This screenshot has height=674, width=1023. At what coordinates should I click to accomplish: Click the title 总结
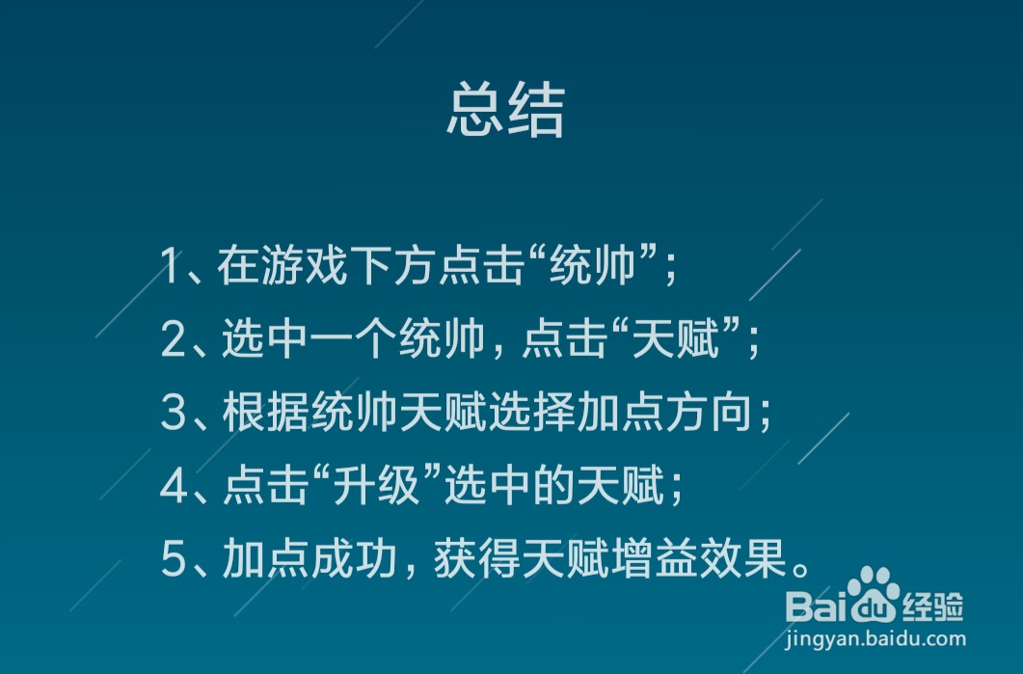pyautogui.click(x=505, y=112)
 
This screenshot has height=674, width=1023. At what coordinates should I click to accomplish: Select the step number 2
pyautogui.click(x=173, y=340)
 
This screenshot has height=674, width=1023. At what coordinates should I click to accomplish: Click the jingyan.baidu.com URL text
pyautogui.click(x=875, y=637)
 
